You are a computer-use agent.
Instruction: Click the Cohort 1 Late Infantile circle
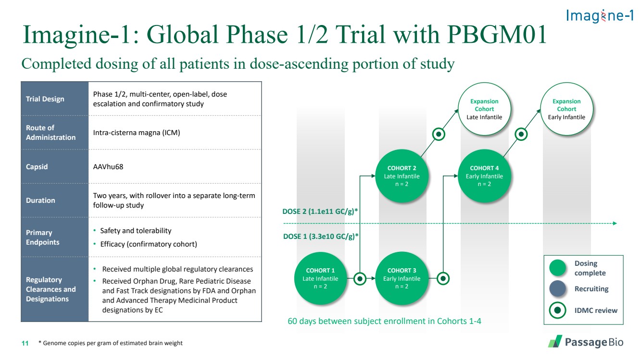(x=320, y=278)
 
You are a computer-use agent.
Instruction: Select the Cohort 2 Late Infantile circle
(x=402, y=176)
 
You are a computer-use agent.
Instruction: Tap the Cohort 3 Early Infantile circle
(x=402, y=278)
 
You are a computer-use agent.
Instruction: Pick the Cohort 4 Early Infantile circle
(x=484, y=176)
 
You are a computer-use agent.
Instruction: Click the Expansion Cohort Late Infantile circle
(x=484, y=109)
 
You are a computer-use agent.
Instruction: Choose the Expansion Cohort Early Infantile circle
(x=566, y=109)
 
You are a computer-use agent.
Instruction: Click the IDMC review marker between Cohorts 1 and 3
(x=360, y=278)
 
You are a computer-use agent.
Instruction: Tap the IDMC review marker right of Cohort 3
(x=443, y=278)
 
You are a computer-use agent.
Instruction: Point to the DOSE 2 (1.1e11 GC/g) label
(x=320, y=211)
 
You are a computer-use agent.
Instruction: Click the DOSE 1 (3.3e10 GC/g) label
(x=320, y=236)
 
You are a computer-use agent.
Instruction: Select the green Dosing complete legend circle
(x=557, y=268)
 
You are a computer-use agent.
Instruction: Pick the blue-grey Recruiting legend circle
(x=557, y=289)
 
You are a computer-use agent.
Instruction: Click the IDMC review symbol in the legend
(x=557, y=310)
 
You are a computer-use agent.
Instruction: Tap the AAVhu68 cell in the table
(x=108, y=167)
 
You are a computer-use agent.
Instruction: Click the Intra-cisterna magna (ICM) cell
(x=137, y=133)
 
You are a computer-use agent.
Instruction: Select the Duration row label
(x=40, y=200)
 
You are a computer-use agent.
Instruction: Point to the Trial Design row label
(x=45, y=99)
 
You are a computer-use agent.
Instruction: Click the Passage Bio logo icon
(x=555, y=341)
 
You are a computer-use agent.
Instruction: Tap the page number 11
(x=25, y=343)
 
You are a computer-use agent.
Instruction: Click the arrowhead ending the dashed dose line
(x=615, y=223)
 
